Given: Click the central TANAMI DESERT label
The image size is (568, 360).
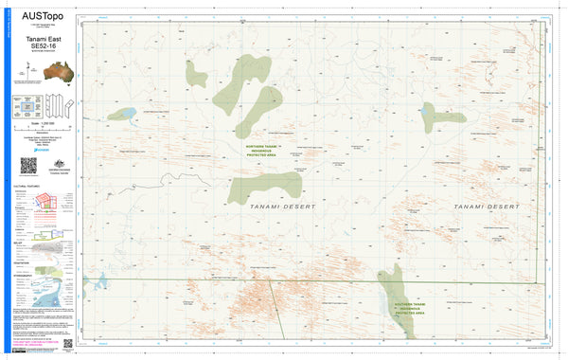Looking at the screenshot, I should (283, 206).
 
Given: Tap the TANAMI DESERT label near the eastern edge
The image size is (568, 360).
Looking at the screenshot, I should (487, 206).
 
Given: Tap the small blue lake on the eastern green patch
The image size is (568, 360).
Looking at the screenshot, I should (428, 115).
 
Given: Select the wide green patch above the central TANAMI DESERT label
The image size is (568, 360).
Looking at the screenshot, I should (265, 184).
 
